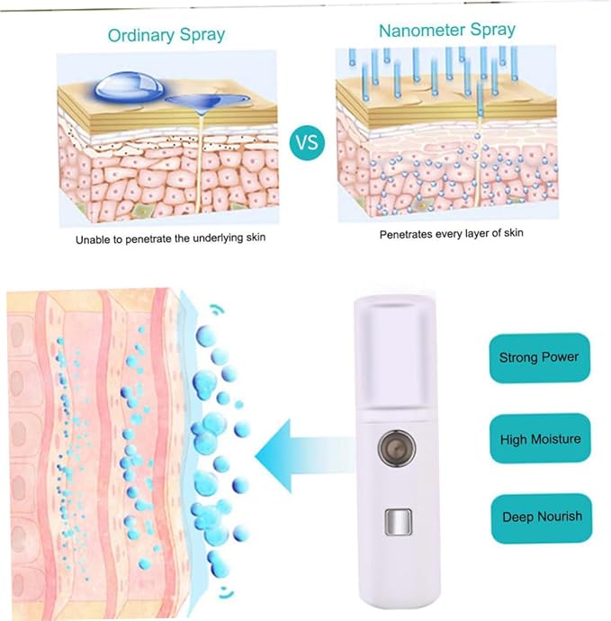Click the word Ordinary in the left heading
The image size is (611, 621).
(141, 35)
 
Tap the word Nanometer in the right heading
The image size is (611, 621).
(422, 31)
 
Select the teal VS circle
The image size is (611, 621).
(307, 142)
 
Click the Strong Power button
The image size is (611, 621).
(539, 357)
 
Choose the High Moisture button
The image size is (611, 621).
(540, 439)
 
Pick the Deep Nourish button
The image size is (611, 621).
(542, 517)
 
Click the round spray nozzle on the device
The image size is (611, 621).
(397, 448)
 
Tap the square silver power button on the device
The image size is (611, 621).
(399, 521)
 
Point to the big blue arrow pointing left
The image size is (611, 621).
(304, 455)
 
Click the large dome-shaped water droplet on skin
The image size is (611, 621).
(129, 86)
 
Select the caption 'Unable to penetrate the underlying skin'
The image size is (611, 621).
(170, 238)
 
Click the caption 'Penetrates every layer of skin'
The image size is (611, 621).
(452, 233)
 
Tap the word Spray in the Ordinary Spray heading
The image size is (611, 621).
(202, 35)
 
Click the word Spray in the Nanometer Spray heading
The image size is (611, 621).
(492, 30)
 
